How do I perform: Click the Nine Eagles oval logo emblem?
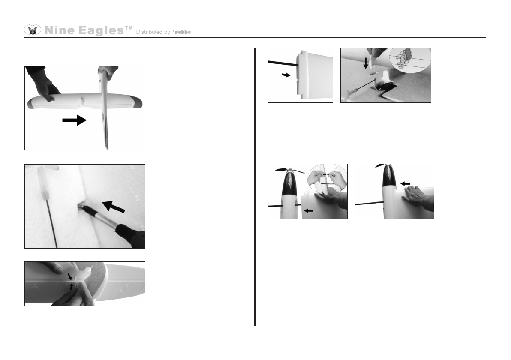tap(33, 30)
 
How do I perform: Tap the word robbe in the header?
tap(183, 32)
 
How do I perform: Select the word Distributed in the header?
tap(150, 32)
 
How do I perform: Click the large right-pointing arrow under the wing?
tap(74, 120)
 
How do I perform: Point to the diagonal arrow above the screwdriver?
tap(114, 207)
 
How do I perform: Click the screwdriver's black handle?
tap(130, 234)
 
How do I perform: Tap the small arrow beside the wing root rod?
tap(286, 75)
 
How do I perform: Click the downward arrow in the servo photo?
tap(366, 63)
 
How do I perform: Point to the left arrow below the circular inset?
tap(308, 211)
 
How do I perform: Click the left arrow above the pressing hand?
tap(406, 184)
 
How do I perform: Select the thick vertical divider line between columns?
tap(255, 186)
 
